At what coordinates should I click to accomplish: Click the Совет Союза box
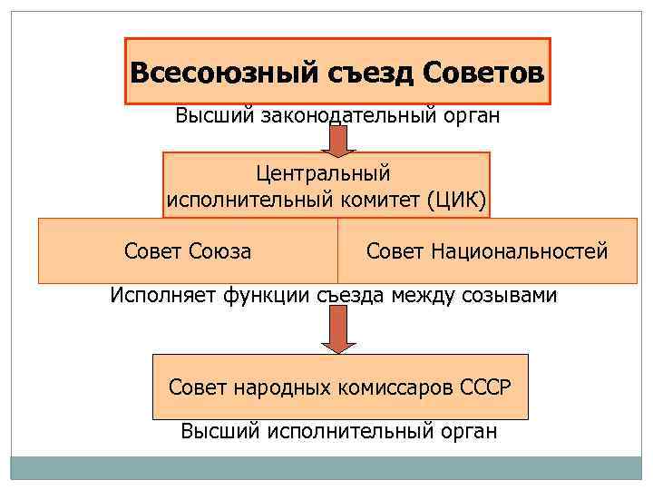188,251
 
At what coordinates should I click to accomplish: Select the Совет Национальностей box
487,251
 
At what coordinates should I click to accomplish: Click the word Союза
221,251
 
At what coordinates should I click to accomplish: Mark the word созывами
512,295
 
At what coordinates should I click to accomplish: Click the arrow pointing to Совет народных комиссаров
338,329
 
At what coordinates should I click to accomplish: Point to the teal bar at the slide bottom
326,467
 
